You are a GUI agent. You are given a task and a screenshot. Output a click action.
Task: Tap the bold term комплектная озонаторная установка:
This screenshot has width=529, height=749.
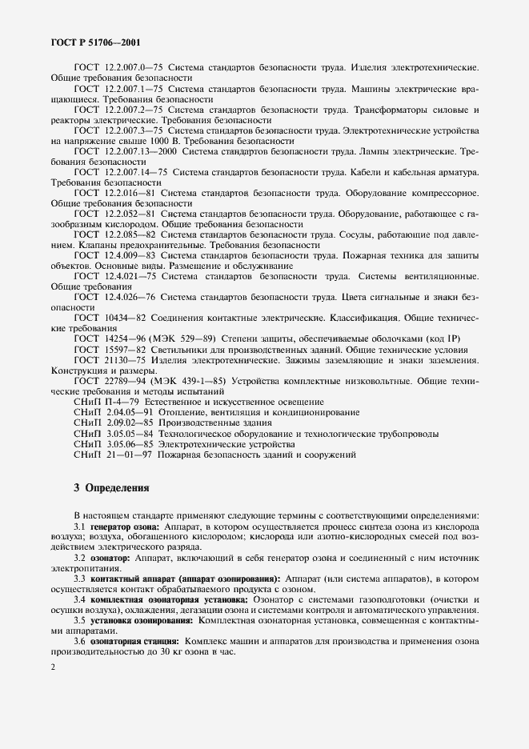[170, 599]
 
